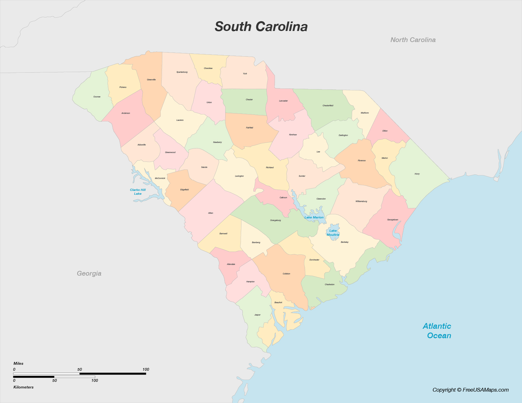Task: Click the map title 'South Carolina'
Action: (261, 27)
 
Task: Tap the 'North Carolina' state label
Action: (413, 40)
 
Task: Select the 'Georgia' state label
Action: (89, 273)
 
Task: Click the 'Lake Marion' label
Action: (314, 217)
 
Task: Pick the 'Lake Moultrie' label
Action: (333, 233)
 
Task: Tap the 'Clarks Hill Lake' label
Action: (138, 192)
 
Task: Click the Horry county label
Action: (417, 174)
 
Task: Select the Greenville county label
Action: (151, 80)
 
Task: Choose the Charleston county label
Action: (329, 284)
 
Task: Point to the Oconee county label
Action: (97, 97)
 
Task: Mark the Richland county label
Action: (270, 168)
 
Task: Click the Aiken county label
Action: (210, 213)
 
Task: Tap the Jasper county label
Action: (257, 315)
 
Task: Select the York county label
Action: (245, 74)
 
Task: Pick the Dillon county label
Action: (385, 131)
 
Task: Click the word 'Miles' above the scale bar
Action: (18, 363)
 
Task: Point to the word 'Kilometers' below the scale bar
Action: (23, 387)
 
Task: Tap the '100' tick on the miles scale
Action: (146, 369)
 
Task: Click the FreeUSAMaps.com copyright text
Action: (470, 390)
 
